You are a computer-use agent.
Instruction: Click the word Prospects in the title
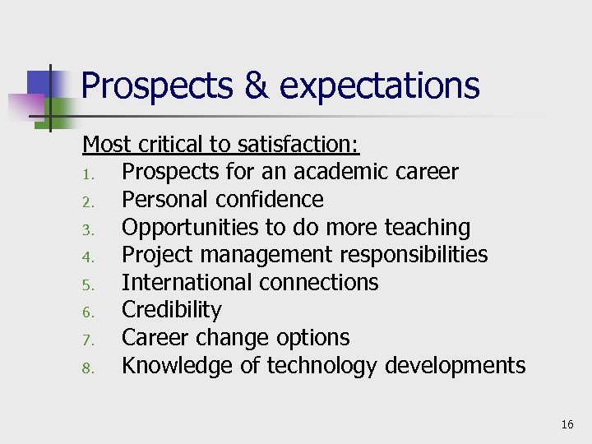pos(156,86)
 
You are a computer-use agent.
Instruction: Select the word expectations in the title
pos(381,86)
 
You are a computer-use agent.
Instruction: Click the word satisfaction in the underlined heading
pos(298,145)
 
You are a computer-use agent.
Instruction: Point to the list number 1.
pos(90,173)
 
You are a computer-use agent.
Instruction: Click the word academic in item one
pos(345,172)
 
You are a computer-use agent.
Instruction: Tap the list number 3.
pos(90,229)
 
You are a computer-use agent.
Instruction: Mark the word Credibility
pos(171,311)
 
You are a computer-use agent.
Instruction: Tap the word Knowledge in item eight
pos(177,366)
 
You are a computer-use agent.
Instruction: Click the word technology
pos(319,366)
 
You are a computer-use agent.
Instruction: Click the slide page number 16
pos(567,425)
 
